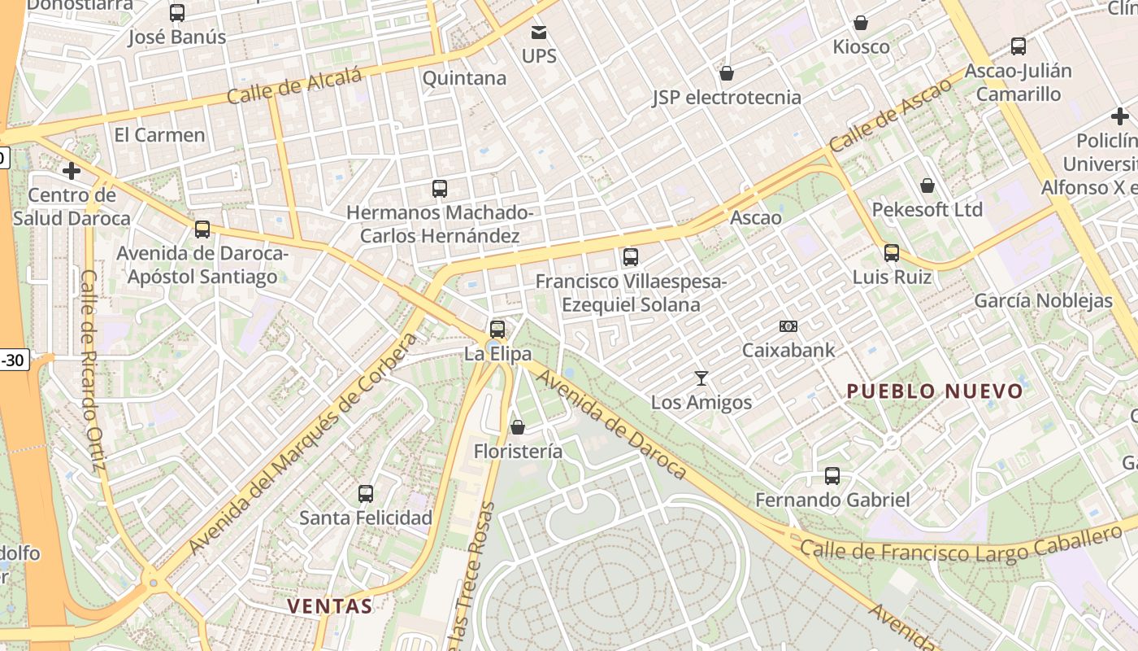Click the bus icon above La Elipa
(497, 330)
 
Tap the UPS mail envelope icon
(539, 33)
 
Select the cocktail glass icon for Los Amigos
(701, 378)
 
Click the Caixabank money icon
(788, 326)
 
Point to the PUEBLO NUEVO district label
(935, 391)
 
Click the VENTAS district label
(330, 605)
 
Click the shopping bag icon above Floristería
(518, 427)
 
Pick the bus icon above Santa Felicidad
(366, 493)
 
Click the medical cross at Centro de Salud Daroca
(72, 171)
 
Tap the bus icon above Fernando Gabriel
(832, 476)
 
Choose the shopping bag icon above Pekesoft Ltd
(927, 186)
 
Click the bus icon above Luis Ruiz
(892, 253)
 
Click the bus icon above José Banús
(177, 13)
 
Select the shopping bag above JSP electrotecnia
(727, 73)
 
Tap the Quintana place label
(464, 78)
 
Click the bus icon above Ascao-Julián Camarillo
(1019, 46)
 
